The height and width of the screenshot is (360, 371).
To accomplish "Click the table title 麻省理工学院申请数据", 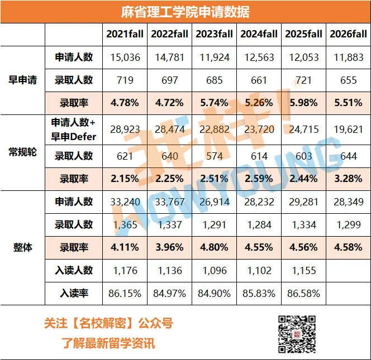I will [x=185, y=12].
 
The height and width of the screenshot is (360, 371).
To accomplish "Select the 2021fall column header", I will [x=125, y=34].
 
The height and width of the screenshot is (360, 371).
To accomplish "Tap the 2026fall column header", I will [x=349, y=34].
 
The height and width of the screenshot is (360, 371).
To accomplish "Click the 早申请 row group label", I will [x=22, y=80].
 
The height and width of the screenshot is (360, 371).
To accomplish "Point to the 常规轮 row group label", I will [x=22, y=152].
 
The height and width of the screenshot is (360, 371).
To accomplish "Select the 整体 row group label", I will [x=22, y=247].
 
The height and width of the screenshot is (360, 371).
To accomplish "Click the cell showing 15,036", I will [x=125, y=57].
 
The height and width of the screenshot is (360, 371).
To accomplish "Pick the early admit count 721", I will [x=304, y=80].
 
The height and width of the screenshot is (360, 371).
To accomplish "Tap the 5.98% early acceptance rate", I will [x=304, y=103].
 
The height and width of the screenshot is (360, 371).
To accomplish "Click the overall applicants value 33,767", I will [x=169, y=202].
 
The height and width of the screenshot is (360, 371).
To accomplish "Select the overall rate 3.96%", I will [x=169, y=247].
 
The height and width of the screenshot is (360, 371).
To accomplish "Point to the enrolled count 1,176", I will [x=125, y=270].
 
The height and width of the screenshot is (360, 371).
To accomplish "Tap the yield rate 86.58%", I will [x=304, y=293].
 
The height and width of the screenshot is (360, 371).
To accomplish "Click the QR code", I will [x=297, y=333].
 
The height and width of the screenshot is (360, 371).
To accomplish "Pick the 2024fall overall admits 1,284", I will [x=259, y=225].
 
